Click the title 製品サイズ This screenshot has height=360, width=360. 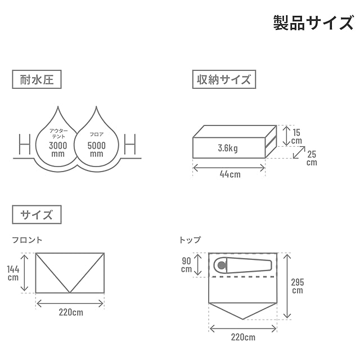point(313,22)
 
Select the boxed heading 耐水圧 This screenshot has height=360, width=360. point(37,79)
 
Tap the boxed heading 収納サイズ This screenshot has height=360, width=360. point(223,79)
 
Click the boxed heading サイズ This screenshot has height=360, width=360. point(37,214)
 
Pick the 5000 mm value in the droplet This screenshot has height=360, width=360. point(96,148)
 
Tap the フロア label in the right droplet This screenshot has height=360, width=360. point(96,134)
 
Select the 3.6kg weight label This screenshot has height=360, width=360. point(228,148)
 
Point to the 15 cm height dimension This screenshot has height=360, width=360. point(296,136)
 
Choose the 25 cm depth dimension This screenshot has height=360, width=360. point(312,158)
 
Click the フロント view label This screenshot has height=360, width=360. point(28,240)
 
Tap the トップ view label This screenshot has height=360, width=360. point(190,240)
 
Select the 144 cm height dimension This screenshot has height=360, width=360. point(13,273)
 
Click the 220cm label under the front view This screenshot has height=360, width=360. point(70,312)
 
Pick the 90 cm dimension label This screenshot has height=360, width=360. point(186,264)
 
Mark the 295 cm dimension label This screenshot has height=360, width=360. point(298,286)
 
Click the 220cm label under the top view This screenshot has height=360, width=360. point(242,337)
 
